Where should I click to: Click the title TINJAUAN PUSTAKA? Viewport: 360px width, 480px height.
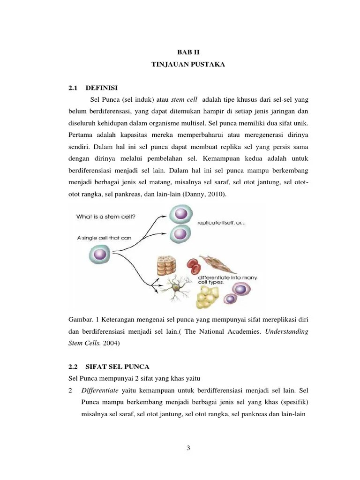(x=188, y=66)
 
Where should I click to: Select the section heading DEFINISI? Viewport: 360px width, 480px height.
(x=102, y=88)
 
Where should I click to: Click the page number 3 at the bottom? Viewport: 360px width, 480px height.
(x=188, y=448)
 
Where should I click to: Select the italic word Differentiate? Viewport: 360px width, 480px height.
(x=99, y=390)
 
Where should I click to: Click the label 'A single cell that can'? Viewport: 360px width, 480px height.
(x=104, y=238)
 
